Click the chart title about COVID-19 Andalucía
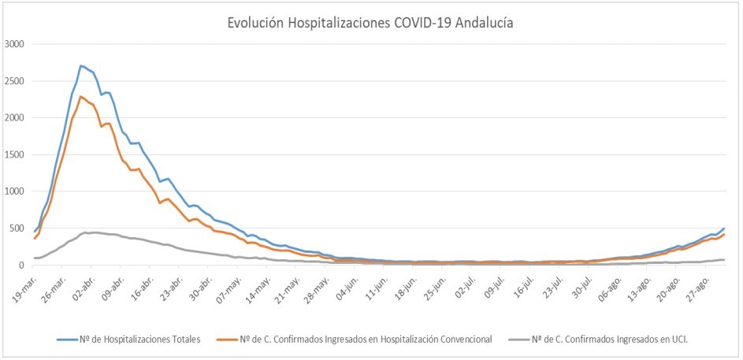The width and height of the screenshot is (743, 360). [370, 24]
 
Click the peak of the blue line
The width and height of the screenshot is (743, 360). [81, 65]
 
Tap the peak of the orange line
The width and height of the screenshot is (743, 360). [81, 96]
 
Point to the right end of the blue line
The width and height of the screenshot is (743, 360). [724, 228]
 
